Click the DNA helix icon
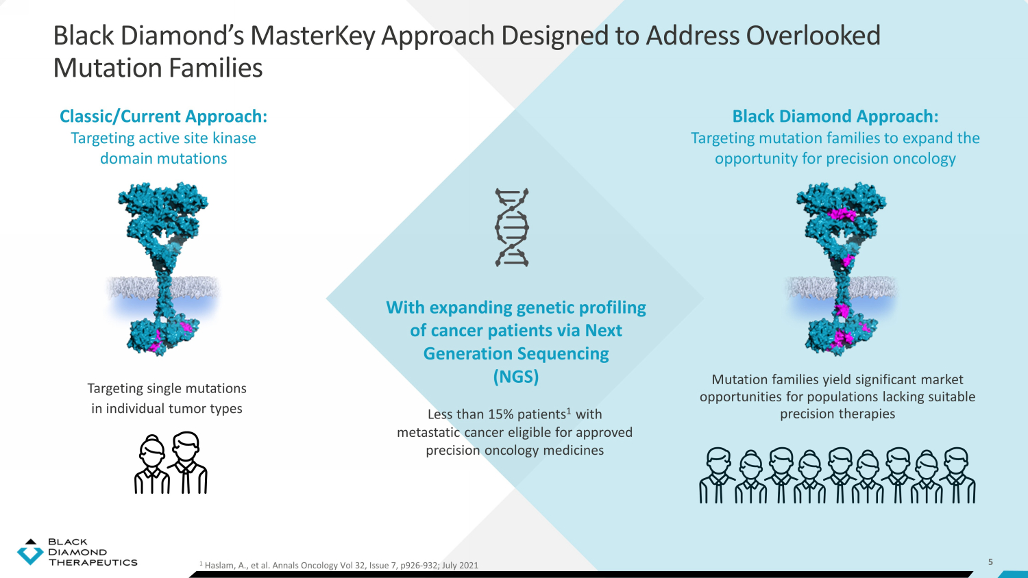tap(512, 227)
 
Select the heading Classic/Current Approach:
tap(163, 116)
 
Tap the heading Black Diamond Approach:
tap(835, 116)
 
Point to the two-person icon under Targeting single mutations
tap(171, 463)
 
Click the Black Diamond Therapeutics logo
tap(77, 552)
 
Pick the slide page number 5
tap(990, 562)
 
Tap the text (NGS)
tap(515, 377)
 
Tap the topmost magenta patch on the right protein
tap(842, 214)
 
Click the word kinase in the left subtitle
tap(234, 138)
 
